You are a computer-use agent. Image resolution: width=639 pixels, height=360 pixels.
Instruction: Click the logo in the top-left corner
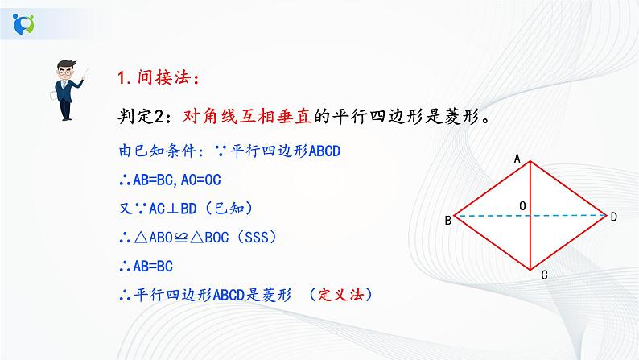23,23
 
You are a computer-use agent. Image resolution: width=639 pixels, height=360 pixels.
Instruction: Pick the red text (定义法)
343,295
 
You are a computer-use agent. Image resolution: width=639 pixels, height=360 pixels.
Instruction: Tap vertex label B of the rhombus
447,220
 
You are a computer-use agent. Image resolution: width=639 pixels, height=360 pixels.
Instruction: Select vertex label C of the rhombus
544,275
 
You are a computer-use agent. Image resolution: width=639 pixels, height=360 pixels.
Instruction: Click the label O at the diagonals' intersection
522,207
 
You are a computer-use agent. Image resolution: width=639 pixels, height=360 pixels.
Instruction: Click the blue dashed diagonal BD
571,216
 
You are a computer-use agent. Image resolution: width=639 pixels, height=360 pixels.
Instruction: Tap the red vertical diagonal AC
531,242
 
